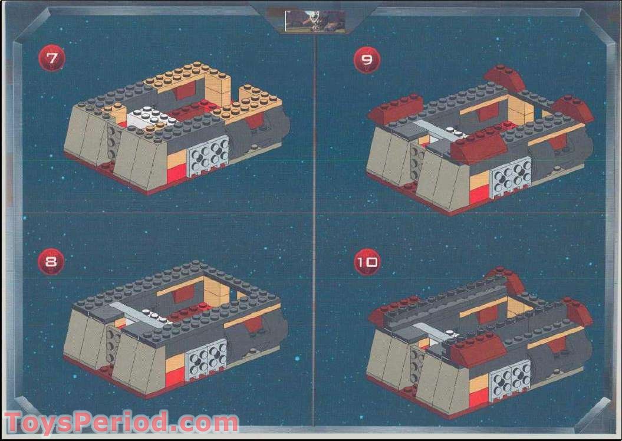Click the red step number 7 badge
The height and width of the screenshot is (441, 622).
51,58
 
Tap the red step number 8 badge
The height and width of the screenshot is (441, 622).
51,262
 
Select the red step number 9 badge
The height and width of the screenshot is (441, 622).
367,60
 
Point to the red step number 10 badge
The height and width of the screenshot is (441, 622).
367,262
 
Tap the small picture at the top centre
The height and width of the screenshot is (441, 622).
315,21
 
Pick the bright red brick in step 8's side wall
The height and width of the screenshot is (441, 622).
175,375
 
